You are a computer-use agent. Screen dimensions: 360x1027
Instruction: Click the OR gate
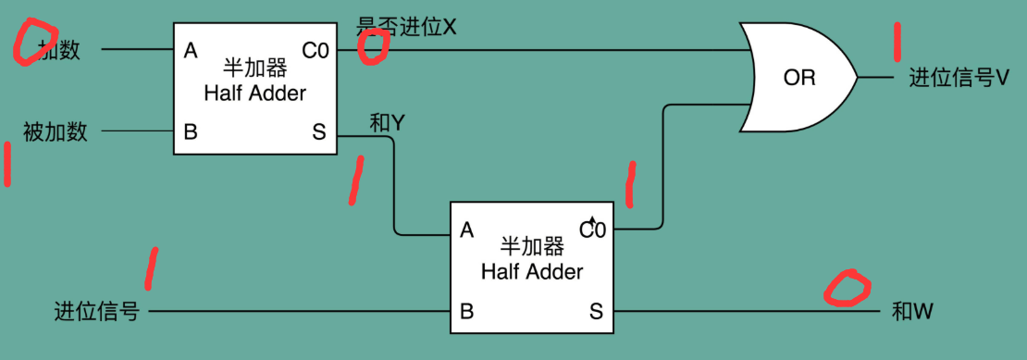point(798,79)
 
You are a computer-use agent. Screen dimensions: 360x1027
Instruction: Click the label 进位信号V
point(959,79)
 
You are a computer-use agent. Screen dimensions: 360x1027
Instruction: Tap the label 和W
point(911,312)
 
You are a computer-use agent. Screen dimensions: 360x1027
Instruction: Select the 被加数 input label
point(56,131)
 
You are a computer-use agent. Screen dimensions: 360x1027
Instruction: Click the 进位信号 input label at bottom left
point(97,312)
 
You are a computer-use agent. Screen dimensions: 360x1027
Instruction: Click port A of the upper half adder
point(191,50)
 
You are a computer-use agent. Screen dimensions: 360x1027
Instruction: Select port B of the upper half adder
point(191,131)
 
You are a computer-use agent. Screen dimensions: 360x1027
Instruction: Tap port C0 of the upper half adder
point(315,50)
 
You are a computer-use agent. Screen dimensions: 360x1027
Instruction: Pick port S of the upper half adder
point(319,131)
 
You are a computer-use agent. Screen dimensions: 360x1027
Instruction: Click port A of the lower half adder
point(467,230)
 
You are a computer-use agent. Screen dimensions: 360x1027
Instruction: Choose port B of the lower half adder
point(467,311)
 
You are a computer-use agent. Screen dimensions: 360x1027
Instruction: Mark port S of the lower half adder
point(596,311)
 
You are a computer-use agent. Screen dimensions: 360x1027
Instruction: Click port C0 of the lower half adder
point(593,229)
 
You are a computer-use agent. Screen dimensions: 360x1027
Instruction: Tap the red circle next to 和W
point(848,289)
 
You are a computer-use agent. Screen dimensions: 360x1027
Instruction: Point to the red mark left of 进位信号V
point(896,42)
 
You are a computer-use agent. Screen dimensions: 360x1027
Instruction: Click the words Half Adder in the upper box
point(254,93)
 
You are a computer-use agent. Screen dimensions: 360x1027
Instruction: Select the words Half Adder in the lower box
point(532,271)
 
